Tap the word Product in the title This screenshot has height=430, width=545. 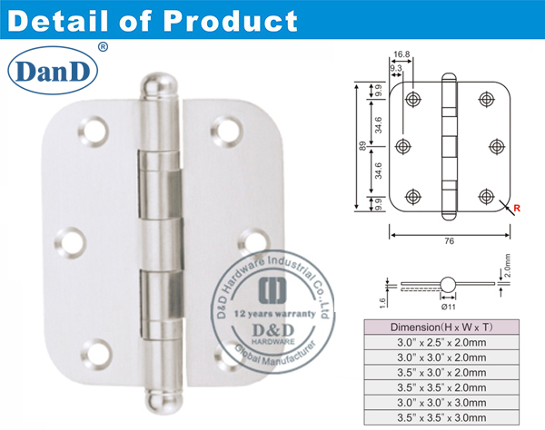point(235,19)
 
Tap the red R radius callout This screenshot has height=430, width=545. point(518,209)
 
